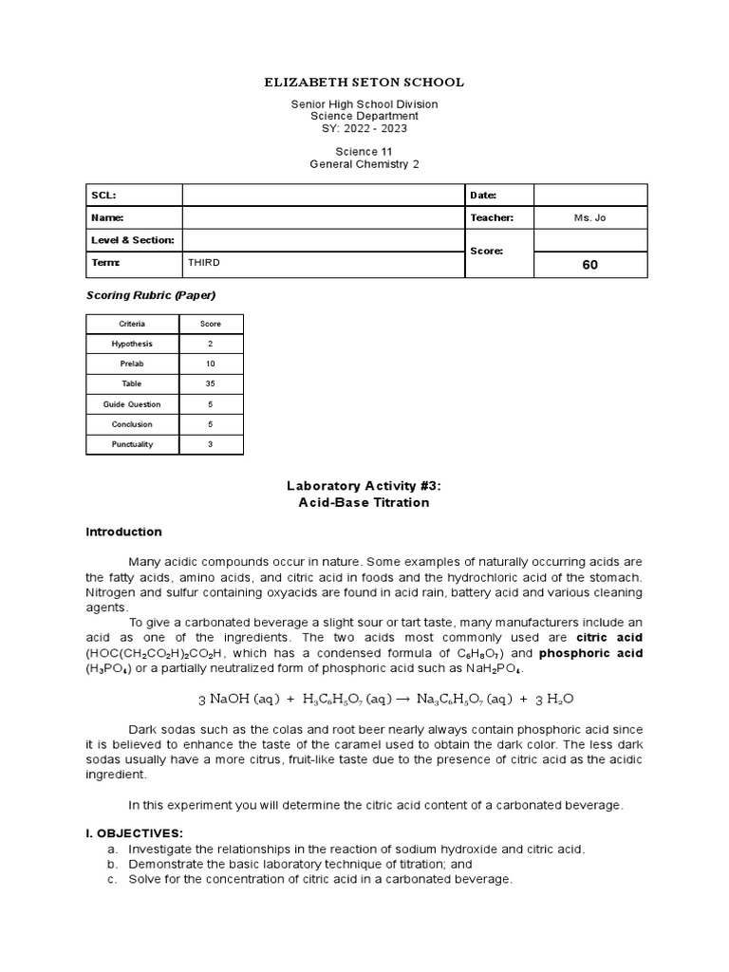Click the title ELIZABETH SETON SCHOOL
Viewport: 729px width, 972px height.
coord(364,83)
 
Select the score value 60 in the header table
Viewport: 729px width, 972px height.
coord(590,265)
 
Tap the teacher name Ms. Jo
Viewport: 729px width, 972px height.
coord(590,218)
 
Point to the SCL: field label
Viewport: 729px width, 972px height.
coord(103,196)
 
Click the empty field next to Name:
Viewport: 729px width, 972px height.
coord(323,218)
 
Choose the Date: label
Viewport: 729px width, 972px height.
coord(484,196)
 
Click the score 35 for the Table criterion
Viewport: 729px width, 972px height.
coord(210,384)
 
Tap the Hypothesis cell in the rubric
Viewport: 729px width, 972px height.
coord(132,344)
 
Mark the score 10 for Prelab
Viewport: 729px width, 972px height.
coord(210,364)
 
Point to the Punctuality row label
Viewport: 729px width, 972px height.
coord(132,444)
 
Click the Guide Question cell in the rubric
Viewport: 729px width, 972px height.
coord(132,404)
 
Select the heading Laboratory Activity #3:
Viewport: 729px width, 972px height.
coord(364,486)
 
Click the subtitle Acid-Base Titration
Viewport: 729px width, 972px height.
coord(364,503)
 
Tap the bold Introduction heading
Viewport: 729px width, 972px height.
coord(124,532)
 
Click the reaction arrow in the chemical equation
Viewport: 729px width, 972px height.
coord(404,700)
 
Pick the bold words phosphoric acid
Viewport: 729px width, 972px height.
coord(591,653)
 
